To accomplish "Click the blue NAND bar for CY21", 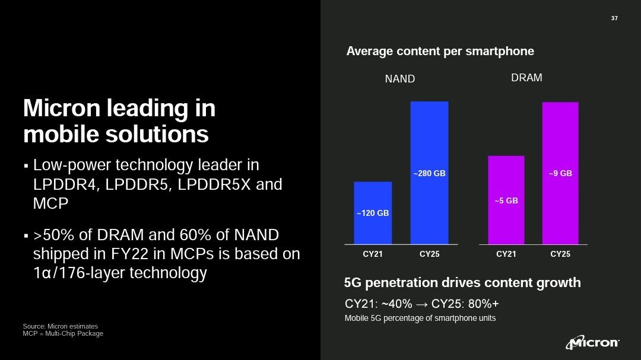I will tap(373, 228).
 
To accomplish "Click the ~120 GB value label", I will tap(373, 213).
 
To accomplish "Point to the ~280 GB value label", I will tap(429, 174).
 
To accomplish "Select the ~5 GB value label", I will tap(506, 201).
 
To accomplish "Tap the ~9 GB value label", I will tap(560, 174).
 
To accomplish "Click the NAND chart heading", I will tap(400, 79).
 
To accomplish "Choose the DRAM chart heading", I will tap(526, 78).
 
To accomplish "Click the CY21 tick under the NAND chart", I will tap(373, 254).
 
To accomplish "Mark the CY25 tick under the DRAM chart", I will tap(560, 254).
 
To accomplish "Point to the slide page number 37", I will tap(614, 18).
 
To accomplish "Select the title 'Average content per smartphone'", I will tap(440, 51).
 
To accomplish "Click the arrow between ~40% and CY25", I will tap(421, 304).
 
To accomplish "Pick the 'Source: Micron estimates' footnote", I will tap(60, 326).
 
